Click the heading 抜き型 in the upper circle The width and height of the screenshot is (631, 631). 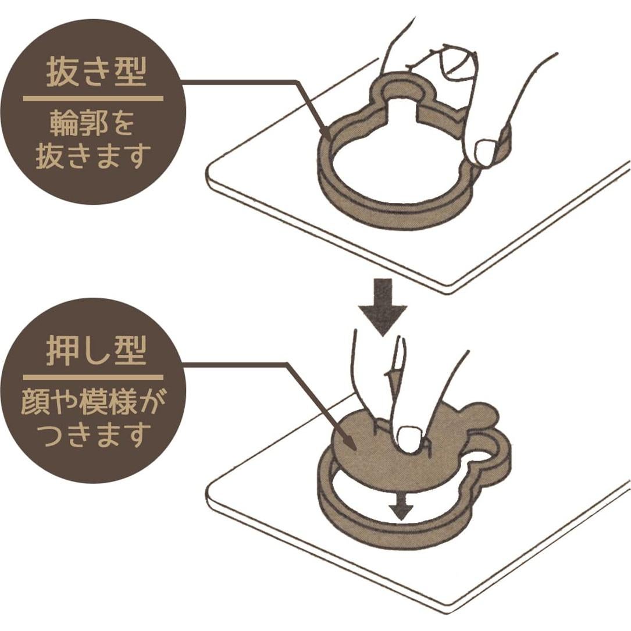click(x=96, y=73)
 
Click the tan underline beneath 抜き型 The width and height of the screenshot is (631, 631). click(x=93, y=99)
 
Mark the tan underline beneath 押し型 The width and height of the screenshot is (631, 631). click(x=93, y=377)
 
